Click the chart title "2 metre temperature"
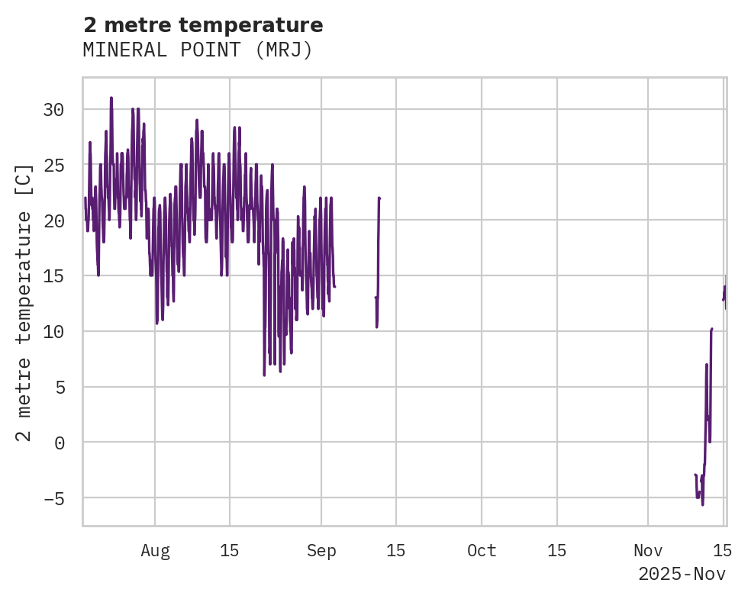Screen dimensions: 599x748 (203, 25)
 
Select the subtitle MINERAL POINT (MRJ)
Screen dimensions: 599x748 (198, 50)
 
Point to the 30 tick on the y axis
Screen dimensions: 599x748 (54, 110)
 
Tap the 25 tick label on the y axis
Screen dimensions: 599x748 (54, 166)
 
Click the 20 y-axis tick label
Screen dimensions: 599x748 (54, 221)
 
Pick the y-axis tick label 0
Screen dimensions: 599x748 (60, 443)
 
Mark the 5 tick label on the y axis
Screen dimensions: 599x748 (60, 388)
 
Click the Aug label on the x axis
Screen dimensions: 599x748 (155, 551)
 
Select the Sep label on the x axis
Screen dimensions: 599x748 (321, 551)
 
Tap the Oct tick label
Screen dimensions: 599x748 (482, 551)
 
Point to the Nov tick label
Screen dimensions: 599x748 (648, 551)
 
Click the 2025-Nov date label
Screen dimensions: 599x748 (682, 574)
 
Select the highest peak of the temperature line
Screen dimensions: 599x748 (111, 98)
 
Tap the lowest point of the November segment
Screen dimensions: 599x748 (703, 504)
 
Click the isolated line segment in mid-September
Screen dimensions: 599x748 (378, 259)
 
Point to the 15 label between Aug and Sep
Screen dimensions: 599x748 (230, 551)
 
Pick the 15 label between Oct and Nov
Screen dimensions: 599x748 (556, 551)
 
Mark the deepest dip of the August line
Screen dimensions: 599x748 (264, 374)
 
